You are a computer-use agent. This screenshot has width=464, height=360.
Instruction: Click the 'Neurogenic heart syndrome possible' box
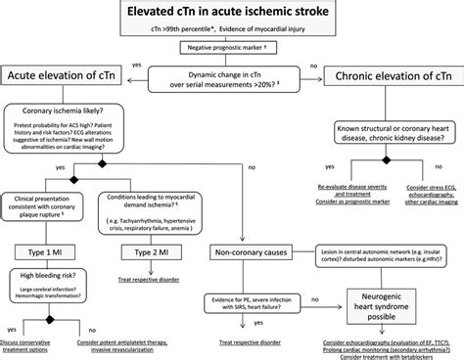(399, 299)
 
